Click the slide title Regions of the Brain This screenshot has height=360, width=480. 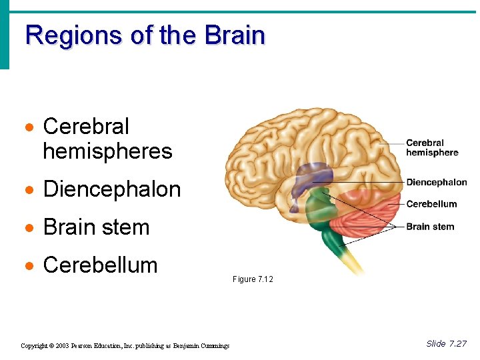coord(145,35)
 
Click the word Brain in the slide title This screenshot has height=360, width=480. coord(235,35)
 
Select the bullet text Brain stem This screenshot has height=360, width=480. coord(96,227)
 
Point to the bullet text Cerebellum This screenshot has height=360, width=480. coord(100,265)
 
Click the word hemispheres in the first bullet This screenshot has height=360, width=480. coord(107,151)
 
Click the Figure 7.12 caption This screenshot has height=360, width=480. coord(253,279)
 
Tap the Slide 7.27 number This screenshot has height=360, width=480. coord(446,344)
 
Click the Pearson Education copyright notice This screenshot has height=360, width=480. coord(125,345)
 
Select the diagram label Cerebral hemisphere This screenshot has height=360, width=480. coord(432,148)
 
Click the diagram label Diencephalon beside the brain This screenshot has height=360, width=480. coord(437,183)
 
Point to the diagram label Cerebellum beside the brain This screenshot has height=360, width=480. coord(431,204)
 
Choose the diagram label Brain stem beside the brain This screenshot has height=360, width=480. coord(430,227)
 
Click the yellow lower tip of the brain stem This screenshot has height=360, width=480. coord(353,264)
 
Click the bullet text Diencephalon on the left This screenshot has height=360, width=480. coord(112,189)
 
